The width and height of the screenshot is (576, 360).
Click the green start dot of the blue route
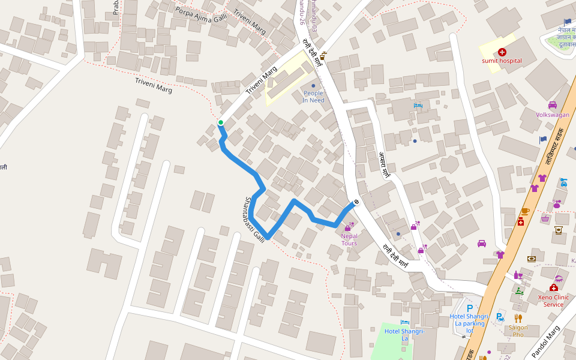[221, 123]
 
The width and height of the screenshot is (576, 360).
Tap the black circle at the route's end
[356, 202]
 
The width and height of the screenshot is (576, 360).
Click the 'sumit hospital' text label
[502, 61]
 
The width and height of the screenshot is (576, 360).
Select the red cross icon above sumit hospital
[502, 52]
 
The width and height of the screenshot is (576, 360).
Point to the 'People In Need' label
[313, 97]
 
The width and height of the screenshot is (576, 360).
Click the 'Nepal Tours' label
[349, 239]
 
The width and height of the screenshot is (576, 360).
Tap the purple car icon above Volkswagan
[553, 105]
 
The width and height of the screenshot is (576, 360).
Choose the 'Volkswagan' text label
[553, 115]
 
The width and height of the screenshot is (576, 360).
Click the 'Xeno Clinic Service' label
[553, 301]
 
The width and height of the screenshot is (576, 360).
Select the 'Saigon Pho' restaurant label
[518, 331]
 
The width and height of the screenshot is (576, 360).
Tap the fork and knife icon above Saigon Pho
[518, 318]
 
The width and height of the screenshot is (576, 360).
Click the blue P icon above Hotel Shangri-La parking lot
[470, 307]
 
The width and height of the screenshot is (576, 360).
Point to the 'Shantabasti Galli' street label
[255, 218]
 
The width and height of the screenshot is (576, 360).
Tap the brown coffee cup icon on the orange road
[525, 211]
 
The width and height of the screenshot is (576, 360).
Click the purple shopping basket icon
[545, 218]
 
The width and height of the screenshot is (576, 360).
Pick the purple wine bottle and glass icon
[518, 275]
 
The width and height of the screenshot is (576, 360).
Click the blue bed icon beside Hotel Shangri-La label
[404, 323]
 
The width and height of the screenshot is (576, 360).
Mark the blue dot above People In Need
[313, 86]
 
